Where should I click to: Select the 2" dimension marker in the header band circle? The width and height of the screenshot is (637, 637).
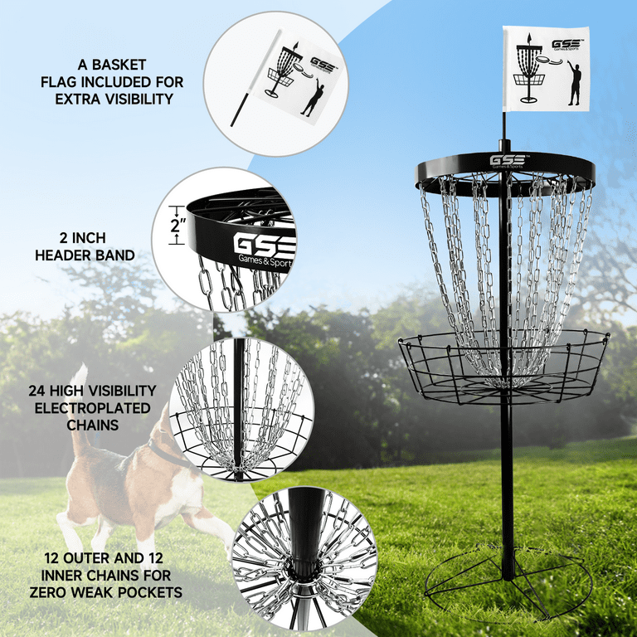point(174,225)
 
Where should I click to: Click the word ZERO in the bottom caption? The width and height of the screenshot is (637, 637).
point(41,592)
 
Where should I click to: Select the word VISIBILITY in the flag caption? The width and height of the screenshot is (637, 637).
point(131,100)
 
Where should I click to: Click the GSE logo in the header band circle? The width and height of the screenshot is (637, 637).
point(264,246)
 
